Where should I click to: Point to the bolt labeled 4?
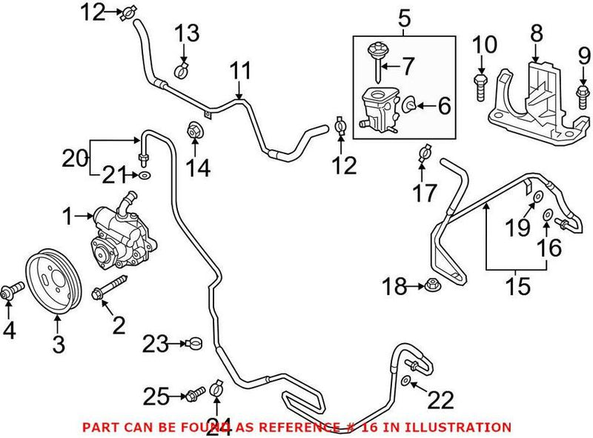click(x=11, y=295)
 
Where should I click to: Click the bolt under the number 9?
click(x=582, y=93)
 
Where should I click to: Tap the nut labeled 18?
click(x=431, y=285)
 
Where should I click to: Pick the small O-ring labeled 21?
click(x=145, y=176)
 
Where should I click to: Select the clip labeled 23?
click(x=195, y=343)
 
